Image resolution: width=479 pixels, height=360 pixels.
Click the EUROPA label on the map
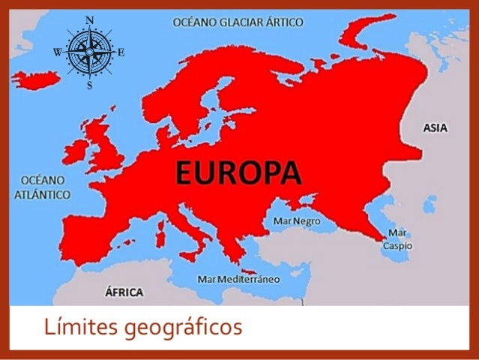point(238,172)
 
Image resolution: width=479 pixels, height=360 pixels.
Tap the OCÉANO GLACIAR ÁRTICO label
point(238,22)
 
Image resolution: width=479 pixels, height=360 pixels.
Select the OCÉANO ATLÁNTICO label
point(42,188)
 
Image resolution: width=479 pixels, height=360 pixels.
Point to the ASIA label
point(435,128)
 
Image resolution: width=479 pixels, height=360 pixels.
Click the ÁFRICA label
point(124,291)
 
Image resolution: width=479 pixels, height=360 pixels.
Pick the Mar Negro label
point(297,221)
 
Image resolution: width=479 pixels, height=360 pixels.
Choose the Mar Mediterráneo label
point(238,279)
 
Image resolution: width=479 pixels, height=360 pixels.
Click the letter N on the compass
point(90,20)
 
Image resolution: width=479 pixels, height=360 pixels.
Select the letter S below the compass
point(90,85)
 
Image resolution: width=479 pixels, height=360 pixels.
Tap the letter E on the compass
point(121,52)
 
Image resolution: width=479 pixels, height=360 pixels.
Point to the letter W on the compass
point(58,52)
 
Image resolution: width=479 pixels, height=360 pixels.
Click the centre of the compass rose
point(90,52)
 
